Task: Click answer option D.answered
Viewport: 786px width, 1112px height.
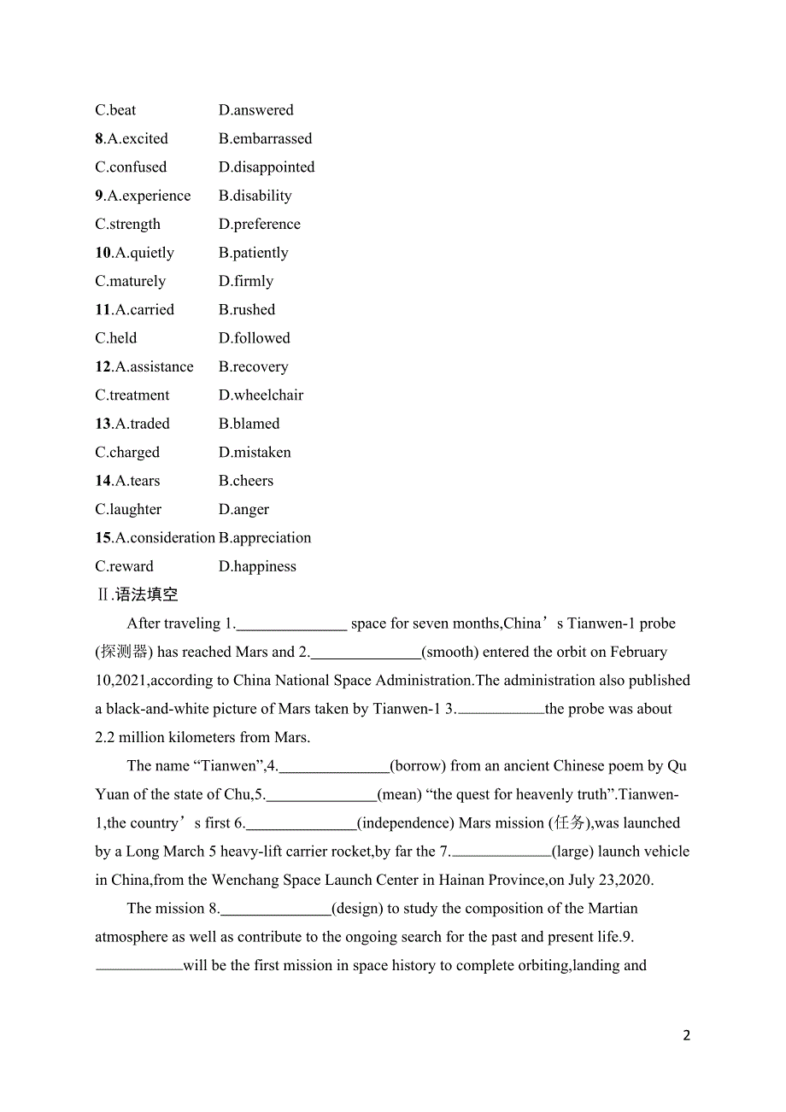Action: [255, 110]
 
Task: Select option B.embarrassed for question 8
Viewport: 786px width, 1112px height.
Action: [265, 138]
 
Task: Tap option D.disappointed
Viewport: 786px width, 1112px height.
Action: [267, 167]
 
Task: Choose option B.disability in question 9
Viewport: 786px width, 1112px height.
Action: [255, 196]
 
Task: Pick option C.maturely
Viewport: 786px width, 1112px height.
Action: [131, 281]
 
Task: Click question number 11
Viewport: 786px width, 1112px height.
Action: [103, 310]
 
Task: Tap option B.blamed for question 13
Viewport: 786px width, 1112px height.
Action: [249, 424]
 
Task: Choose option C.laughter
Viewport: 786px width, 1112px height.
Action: [128, 509]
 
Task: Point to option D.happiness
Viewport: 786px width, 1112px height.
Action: [257, 566]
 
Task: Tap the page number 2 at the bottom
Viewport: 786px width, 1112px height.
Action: [687, 1035]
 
